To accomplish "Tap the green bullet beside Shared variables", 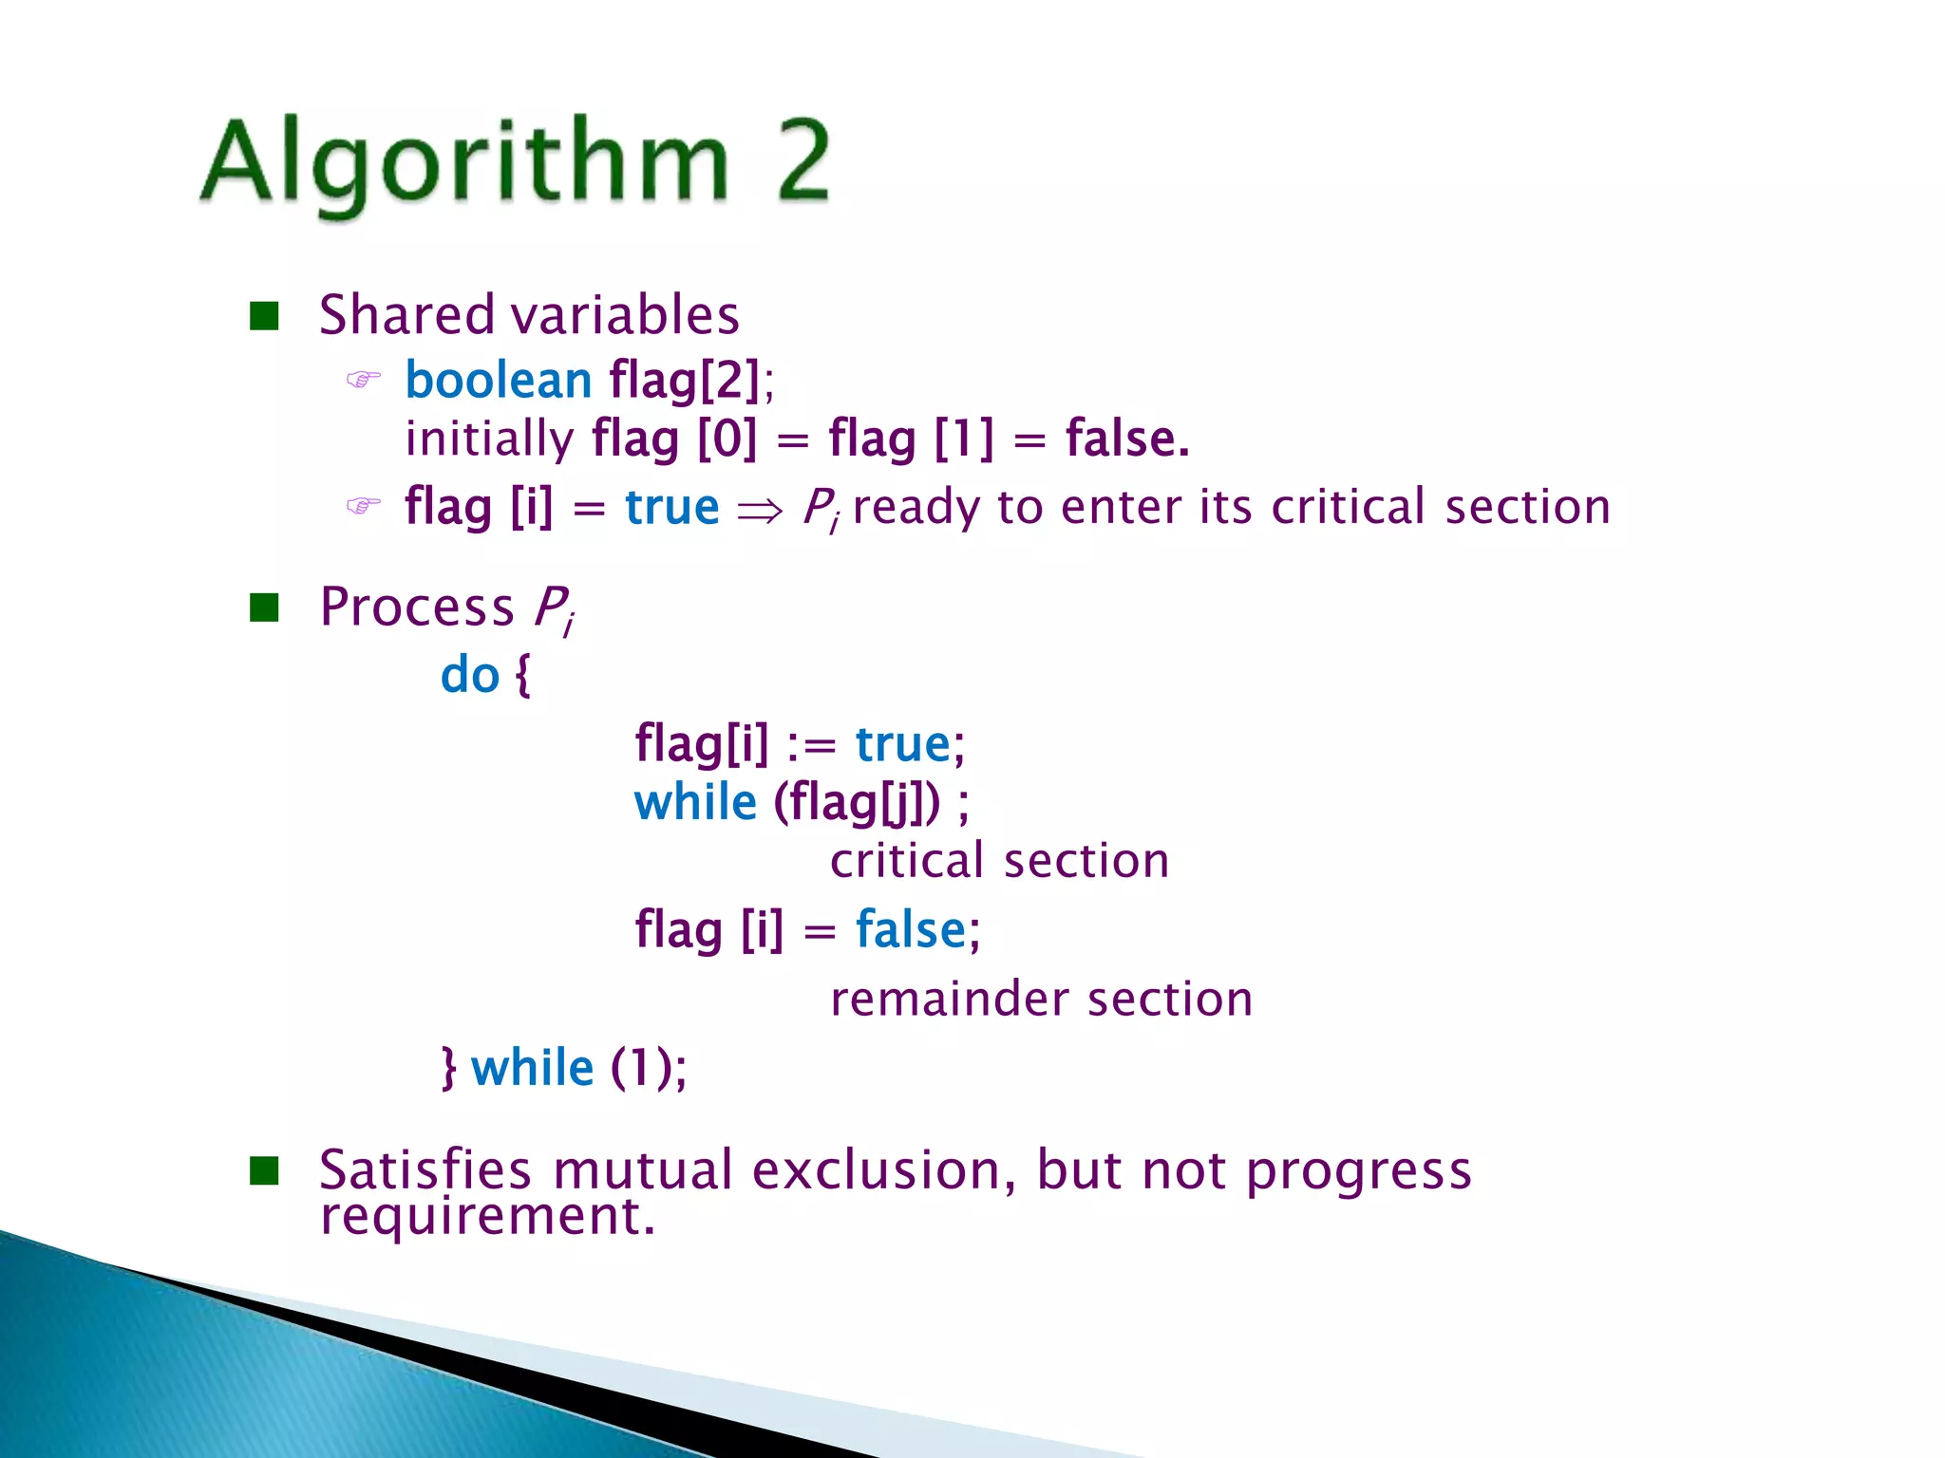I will tap(264, 316).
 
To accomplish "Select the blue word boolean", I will tap(499, 381).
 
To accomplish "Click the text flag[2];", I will tap(691, 381).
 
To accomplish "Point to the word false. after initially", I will tap(1127, 439).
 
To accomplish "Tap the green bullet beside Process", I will tap(264, 607).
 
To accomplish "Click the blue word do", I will tap(470, 676).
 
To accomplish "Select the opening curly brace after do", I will tap(522, 676).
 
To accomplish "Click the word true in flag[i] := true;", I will tap(902, 744).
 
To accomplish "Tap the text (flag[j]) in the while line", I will tap(857, 803).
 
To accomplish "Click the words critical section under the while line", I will tap(999, 861).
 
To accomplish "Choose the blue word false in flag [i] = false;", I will tap(910, 929).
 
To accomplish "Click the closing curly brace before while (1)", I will tap(449, 1068).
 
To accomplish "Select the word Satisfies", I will tap(425, 1169).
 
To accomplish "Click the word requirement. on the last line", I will tap(487, 1216).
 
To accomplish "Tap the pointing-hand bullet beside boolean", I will tap(363, 381).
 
